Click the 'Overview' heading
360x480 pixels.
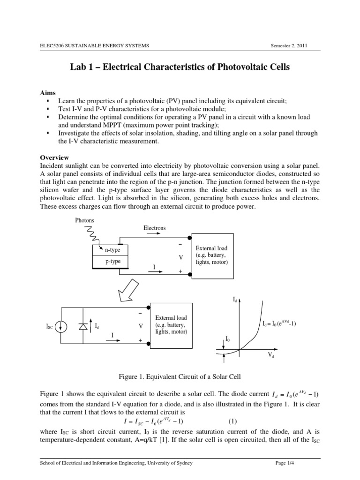tap(54, 157)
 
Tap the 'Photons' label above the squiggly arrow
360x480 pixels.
tap(84, 220)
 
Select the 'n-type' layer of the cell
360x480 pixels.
tap(112, 250)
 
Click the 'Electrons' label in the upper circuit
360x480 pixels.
tap(154, 228)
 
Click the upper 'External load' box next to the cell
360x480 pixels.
tap(212, 255)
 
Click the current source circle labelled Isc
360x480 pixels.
tap(60, 326)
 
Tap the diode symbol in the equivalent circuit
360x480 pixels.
tap(83, 326)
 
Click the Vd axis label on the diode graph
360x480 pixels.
tap(271, 357)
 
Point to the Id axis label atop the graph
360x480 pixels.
tap(235, 298)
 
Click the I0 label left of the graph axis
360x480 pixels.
tap(228, 338)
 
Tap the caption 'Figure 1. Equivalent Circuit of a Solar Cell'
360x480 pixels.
tap(180, 377)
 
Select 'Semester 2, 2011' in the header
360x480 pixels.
tap(289, 45)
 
